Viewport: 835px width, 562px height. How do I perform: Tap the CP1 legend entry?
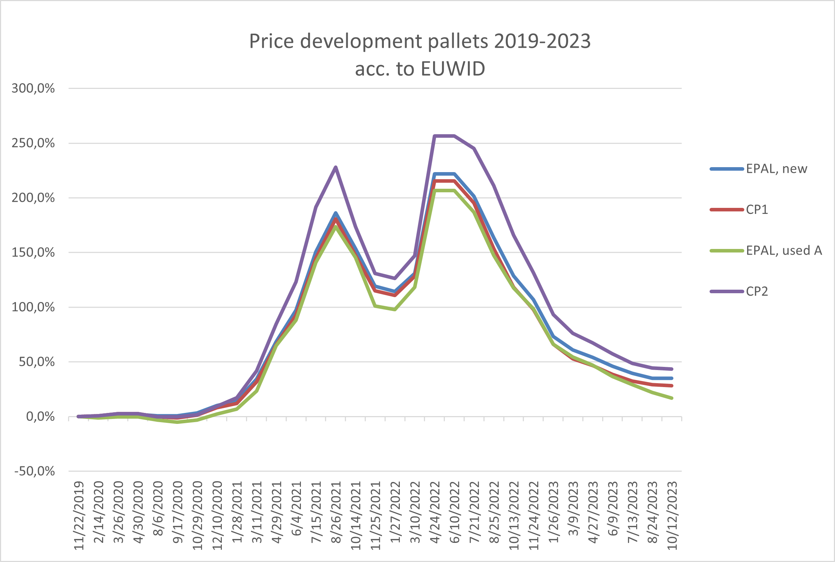[757, 209]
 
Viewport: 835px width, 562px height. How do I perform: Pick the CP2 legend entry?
[757, 291]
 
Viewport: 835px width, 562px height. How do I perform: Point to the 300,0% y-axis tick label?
[33, 88]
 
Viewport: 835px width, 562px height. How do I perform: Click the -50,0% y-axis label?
[34, 471]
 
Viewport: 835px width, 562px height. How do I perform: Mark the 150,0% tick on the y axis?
[33, 252]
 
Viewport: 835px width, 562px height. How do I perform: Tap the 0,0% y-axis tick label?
[40, 416]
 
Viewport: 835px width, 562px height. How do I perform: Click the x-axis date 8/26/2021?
[336, 512]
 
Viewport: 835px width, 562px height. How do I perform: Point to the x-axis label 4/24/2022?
[435, 512]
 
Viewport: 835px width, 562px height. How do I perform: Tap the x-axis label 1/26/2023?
[554, 512]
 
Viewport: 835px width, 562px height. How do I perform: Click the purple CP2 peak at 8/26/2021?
[336, 167]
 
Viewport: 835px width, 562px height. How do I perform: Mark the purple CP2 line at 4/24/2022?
[435, 136]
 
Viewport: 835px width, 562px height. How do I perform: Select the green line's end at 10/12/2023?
[672, 398]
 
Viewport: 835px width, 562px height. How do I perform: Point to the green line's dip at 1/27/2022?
[394, 309]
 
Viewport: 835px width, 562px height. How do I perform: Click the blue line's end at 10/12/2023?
[672, 378]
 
